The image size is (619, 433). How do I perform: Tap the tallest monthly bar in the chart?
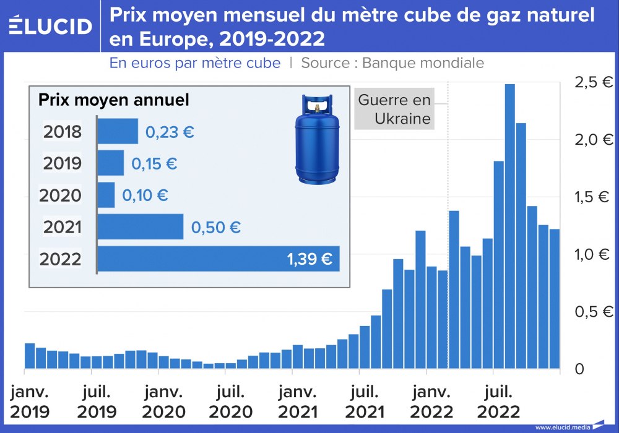[510, 226]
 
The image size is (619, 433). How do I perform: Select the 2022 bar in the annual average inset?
[219, 259]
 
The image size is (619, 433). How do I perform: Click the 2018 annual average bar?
[118, 131]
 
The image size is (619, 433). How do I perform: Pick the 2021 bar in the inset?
[141, 226]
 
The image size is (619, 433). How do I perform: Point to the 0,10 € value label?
[145, 195]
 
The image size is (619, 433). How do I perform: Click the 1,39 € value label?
[309, 259]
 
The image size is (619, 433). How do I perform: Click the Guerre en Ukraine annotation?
[394, 109]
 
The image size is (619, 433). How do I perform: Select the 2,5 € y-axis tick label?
[593, 82]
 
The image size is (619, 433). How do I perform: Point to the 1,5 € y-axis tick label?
[593, 197]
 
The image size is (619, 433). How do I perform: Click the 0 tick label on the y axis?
[579, 369]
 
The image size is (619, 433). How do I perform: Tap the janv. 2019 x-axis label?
[30, 401]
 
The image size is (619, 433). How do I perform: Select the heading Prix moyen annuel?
[114, 100]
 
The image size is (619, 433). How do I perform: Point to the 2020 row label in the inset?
[61, 195]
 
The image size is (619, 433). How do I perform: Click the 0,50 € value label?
[216, 227]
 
